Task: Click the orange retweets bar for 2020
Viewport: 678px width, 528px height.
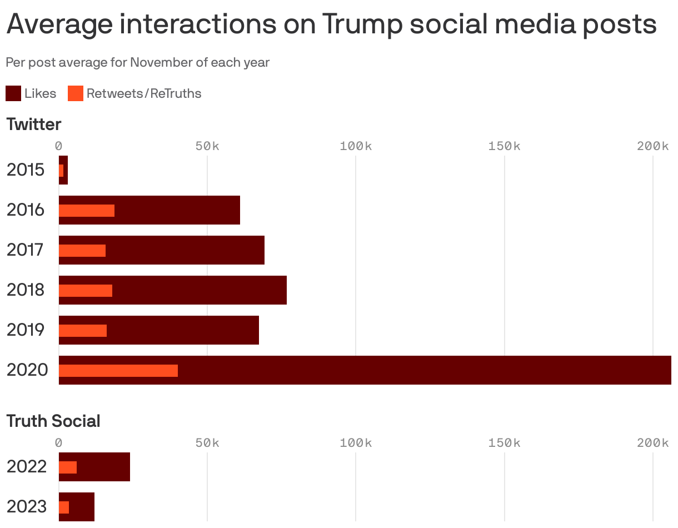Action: pos(118,371)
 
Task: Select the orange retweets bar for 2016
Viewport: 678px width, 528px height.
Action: pos(87,211)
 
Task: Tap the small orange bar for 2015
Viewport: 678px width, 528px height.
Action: pos(61,171)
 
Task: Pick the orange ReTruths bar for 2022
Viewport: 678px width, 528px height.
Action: pos(68,467)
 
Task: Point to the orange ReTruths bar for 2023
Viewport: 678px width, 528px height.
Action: pos(64,507)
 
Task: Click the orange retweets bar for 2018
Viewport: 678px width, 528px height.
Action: pos(86,291)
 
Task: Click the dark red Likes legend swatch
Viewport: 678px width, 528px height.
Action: pos(13,93)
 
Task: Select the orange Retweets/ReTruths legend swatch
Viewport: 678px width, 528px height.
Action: pos(76,93)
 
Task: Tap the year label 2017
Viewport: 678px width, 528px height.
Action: pos(26,250)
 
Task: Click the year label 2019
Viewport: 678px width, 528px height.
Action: pos(26,330)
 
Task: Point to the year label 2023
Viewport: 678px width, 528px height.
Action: pos(27,507)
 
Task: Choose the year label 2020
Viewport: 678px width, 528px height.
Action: pos(27,370)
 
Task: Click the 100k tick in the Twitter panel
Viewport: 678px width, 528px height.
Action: pos(356,146)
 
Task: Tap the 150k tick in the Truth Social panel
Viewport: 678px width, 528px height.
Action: pos(505,443)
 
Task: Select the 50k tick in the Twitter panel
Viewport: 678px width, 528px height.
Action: pos(207,146)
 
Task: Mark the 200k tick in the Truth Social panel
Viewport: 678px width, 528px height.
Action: pos(653,443)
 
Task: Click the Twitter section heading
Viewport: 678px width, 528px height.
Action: pos(34,124)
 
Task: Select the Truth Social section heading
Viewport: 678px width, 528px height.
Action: pos(53,421)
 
